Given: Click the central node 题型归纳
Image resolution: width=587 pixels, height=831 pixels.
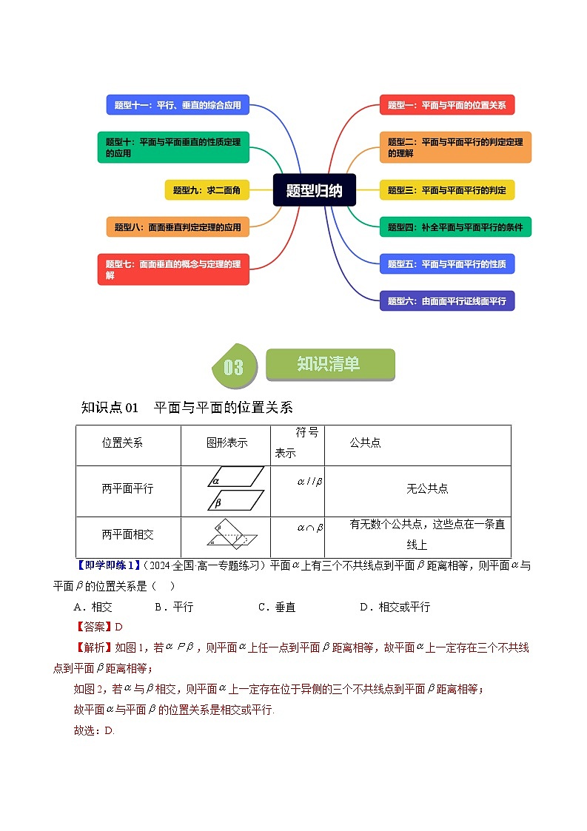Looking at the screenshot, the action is click(314, 190).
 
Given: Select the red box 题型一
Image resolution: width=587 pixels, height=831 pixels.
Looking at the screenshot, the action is click(446, 105).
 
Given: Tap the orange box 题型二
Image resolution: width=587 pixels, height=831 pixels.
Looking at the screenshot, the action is click(455, 147).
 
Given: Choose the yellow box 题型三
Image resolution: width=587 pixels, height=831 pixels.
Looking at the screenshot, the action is click(446, 190).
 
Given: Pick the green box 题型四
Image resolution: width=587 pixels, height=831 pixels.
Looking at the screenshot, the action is click(455, 227).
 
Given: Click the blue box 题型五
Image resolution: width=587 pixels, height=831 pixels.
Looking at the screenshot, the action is click(446, 263).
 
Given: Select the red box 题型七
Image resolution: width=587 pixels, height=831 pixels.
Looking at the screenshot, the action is click(173, 269).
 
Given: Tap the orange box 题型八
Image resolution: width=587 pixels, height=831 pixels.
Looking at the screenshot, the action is click(178, 227).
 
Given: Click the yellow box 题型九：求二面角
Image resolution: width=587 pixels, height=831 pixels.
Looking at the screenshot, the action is click(207, 190).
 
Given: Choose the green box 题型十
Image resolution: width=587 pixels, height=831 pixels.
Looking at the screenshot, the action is click(173, 147).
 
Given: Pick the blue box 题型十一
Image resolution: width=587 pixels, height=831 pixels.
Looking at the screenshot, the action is click(178, 105).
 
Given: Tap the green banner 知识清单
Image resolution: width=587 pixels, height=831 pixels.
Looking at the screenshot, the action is click(329, 364).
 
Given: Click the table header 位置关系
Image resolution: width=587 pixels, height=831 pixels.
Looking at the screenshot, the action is click(123, 443).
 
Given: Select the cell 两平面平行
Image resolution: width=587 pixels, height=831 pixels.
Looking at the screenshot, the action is click(128, 489).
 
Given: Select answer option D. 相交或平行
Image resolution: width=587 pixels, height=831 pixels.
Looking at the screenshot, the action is click(395, 607).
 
